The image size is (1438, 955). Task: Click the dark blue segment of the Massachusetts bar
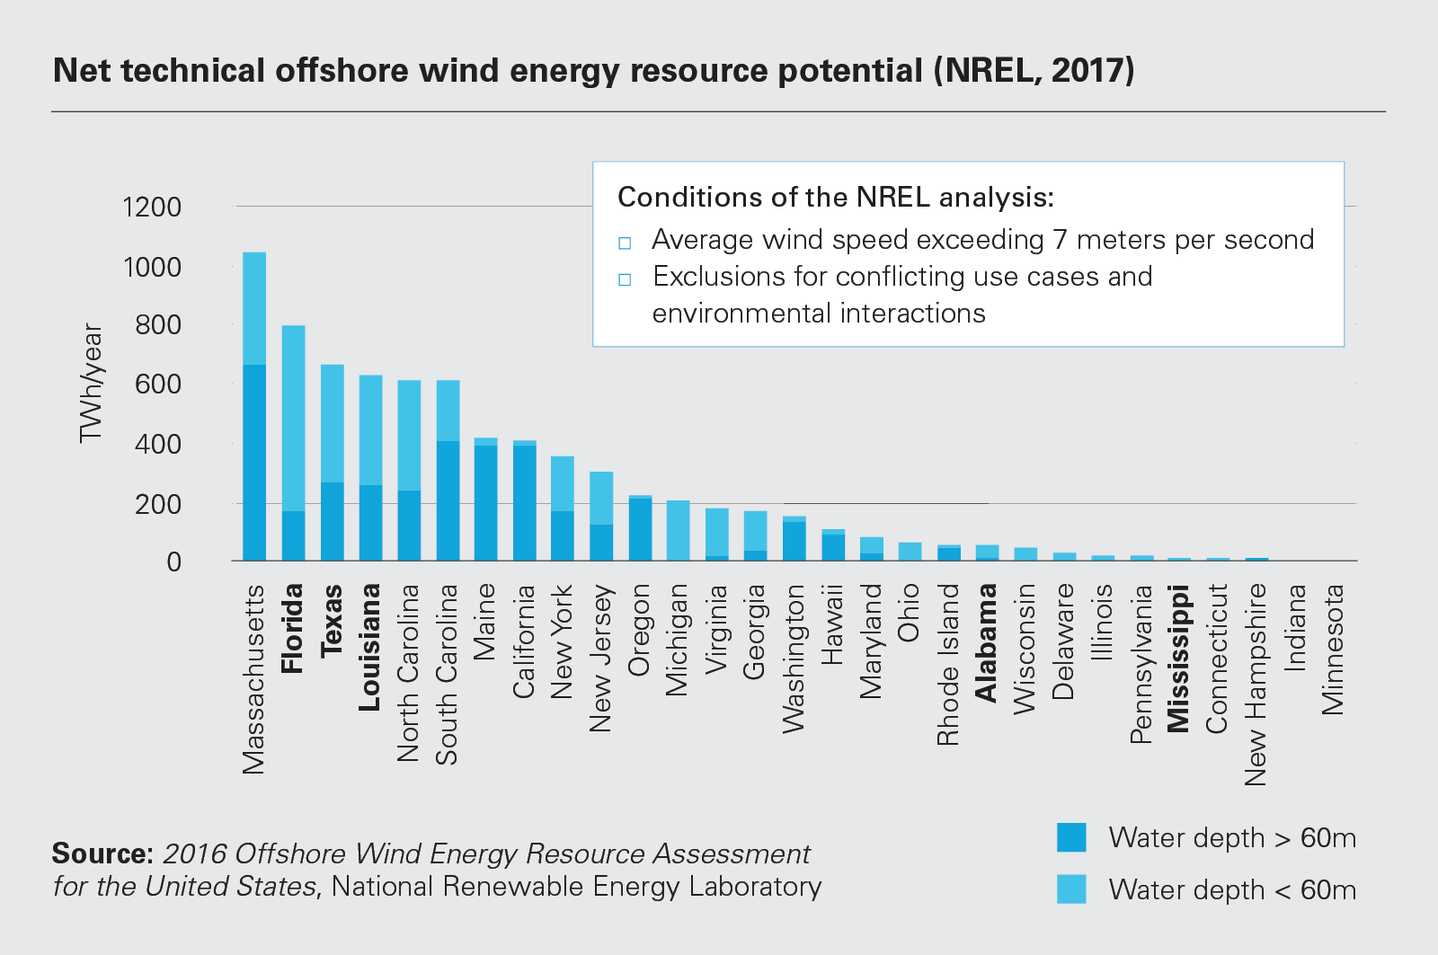click(x=254, y=463)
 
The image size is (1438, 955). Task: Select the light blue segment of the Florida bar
click(x=293, y=418)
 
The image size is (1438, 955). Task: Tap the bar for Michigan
click(x=678, y=530)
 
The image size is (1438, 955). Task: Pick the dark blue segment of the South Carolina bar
click(x=448, y=500)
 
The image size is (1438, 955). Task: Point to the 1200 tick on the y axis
click(x=152, y=208)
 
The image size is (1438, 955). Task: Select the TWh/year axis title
click(x=91, y=384)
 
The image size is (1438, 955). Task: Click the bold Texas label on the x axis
click(x=332, y=619)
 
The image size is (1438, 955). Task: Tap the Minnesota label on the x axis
click(x=1333, y=649)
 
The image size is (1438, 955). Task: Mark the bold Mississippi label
click(x=1177, y=658)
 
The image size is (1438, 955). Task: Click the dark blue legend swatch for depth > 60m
click(x=1071, y=837)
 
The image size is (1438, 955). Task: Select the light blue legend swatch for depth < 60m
click(x=1071, y=889)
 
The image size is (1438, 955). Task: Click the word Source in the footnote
click(x=102, y=853)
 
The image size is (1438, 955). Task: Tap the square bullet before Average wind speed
click(x=625, y=243)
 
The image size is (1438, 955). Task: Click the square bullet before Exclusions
click(x=625, y=279)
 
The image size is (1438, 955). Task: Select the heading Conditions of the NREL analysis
click(x=835, y=197)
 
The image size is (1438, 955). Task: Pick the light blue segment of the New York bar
click(x=563, y=483)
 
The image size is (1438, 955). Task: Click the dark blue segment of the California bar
click(x=525, y=503)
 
